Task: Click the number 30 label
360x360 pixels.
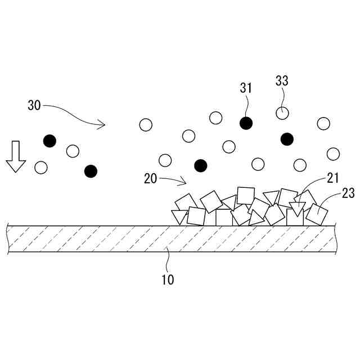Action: point(34,105)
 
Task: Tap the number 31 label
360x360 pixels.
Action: point(246,88)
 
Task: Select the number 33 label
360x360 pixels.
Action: point(282,80)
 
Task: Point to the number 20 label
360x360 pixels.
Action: point(150,178)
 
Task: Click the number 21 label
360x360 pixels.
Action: point(332,178)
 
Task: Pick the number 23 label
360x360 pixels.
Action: point(348,193)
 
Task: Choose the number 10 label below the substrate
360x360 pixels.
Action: point(168,280)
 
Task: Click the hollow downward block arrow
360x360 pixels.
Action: point(16,157)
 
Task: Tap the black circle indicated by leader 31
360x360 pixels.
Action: point(245,123)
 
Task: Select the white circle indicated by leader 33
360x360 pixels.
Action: point(282,113)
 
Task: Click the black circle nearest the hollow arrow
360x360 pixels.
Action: point(50,141)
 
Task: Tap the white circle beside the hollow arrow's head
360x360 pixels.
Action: point(40,167)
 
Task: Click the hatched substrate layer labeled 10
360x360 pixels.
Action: point(169,240)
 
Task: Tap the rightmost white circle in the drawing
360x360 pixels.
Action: point(333,154)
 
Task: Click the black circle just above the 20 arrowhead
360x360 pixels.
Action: point(200,165)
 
